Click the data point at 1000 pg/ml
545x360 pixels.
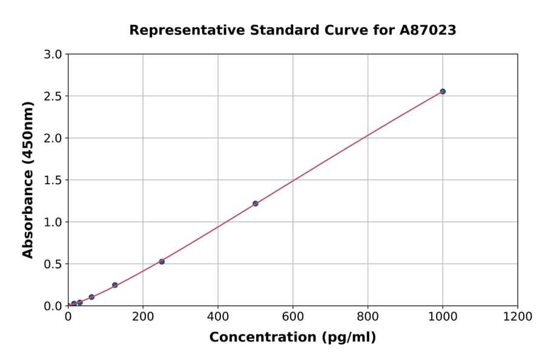tap(443, 92)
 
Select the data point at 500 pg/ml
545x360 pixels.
tap(256, 204)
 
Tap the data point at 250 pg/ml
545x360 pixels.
tap(162, 262)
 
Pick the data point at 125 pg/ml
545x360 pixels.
tap(115, 285)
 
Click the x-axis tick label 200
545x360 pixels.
tap(143, 316)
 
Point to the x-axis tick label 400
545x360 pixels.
tap(218, 316)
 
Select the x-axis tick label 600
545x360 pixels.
tap(293, 316)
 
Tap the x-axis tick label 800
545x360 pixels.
tap(368, 316)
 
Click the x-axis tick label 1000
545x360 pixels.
tap(443, 316)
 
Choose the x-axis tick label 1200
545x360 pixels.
tap(518, 316)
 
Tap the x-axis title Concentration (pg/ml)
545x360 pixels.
tap(292, 338)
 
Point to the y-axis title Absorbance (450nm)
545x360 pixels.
tap(28, 179)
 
